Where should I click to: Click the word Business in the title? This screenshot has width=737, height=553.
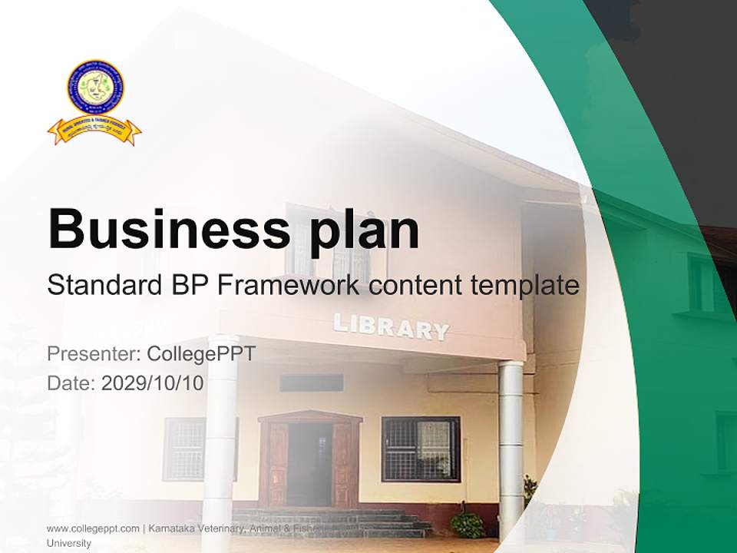pyautogui.click(x=157, y=229)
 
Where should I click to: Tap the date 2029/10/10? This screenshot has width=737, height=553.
pyautogui.click(x=152, y=382)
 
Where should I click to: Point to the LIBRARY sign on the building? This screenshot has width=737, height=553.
pyautogui.click(x=391, y=326)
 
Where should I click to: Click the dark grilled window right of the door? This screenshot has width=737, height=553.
pyautogui.click(x=421, y=449)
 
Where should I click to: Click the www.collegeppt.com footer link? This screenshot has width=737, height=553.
pyautogui.click(x=93, y=528)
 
